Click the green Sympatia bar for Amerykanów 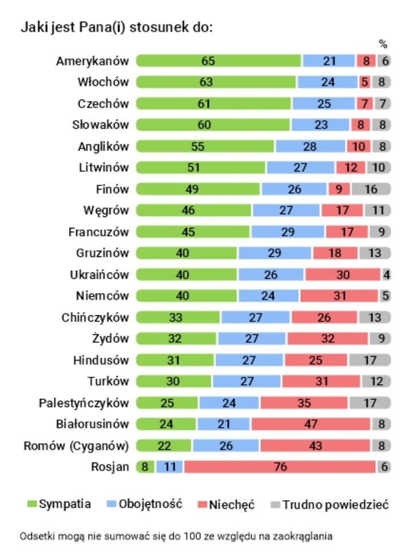coord(218,61)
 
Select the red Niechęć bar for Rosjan coord(280,467)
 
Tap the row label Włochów coord(104,82)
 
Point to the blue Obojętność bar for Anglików coord(310,146)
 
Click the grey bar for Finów coord(371,189)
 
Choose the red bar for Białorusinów coord(310,424)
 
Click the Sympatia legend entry coord(60,504)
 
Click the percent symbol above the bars coord(383,44)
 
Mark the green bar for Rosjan coord(144,467)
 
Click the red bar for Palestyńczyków coord(304,402)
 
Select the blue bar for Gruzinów coord(274,253)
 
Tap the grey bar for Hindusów coord(369,360)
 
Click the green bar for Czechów coord(214,104)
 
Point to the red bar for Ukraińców coord(343,274)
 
